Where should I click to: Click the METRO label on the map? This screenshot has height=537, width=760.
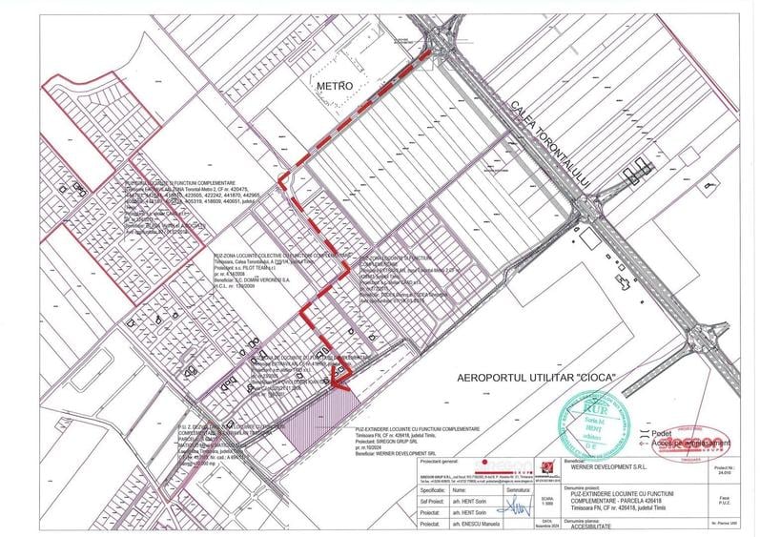coord(335,87)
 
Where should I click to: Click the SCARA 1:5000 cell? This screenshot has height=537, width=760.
coord(547,501)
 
